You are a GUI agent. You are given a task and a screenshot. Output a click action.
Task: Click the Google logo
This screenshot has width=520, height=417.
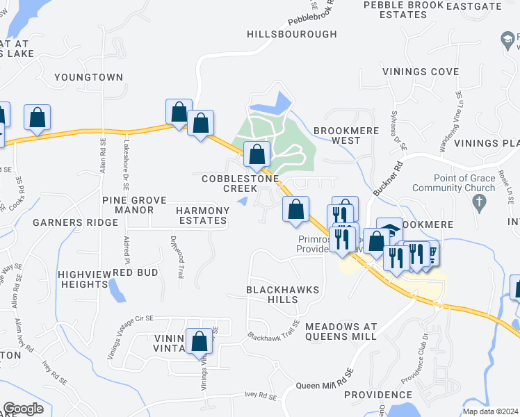(x=23, y=409)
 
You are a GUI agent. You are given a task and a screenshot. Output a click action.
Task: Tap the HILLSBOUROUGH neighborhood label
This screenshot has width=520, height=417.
(x=292, y=34)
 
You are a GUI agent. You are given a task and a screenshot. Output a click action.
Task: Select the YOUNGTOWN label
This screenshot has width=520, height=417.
(x=88, y=77)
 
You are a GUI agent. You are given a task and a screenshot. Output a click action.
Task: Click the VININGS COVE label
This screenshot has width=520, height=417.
(x=420, y=72)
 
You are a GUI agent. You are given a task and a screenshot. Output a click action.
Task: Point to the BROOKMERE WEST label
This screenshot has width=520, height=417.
(x=337, y=135)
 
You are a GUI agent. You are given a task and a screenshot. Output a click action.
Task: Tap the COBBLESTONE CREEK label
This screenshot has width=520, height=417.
(x=240, y=183)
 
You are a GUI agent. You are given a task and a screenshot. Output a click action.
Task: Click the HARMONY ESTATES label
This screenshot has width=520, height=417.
(x=202, y=215)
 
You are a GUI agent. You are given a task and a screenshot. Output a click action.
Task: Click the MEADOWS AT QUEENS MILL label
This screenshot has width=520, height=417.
(x=341, y=332)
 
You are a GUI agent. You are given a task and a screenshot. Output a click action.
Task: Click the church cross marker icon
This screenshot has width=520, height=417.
(x=478, y=202)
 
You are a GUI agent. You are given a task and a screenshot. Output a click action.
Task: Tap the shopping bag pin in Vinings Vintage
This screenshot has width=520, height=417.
(x=200, y=341)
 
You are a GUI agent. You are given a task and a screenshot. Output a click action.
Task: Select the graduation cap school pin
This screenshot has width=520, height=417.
(x=390, y=230)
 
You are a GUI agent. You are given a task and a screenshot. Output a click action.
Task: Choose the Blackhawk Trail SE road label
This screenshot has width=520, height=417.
(x=273, y=330)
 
